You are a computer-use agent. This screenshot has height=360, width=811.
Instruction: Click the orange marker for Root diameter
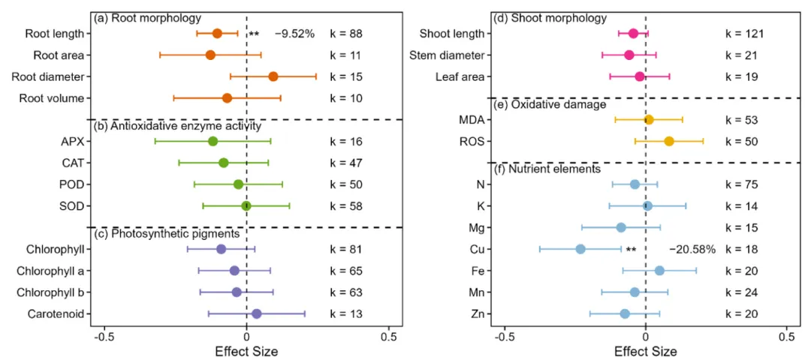273,76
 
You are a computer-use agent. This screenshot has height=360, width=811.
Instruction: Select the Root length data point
217,33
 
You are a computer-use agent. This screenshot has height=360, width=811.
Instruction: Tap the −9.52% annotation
294,34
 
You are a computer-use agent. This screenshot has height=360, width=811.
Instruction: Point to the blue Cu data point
580,249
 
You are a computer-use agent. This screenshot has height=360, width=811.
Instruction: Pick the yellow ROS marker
669,141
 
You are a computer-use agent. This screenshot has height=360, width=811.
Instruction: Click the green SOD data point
246,206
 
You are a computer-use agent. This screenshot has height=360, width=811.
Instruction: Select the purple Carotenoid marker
257,314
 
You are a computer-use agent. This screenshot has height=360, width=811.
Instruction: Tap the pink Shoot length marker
633,33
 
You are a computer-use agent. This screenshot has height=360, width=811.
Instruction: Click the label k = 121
745,34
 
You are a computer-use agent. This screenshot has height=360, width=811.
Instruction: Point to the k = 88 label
346,34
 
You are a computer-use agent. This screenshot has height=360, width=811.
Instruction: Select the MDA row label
471,120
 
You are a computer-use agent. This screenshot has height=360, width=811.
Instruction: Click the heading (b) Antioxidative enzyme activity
176,126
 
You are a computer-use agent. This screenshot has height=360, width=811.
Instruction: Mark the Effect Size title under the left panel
246,351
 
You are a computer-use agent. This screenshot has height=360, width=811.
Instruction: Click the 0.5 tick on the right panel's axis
786,337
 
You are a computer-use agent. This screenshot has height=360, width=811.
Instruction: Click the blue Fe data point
659,271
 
